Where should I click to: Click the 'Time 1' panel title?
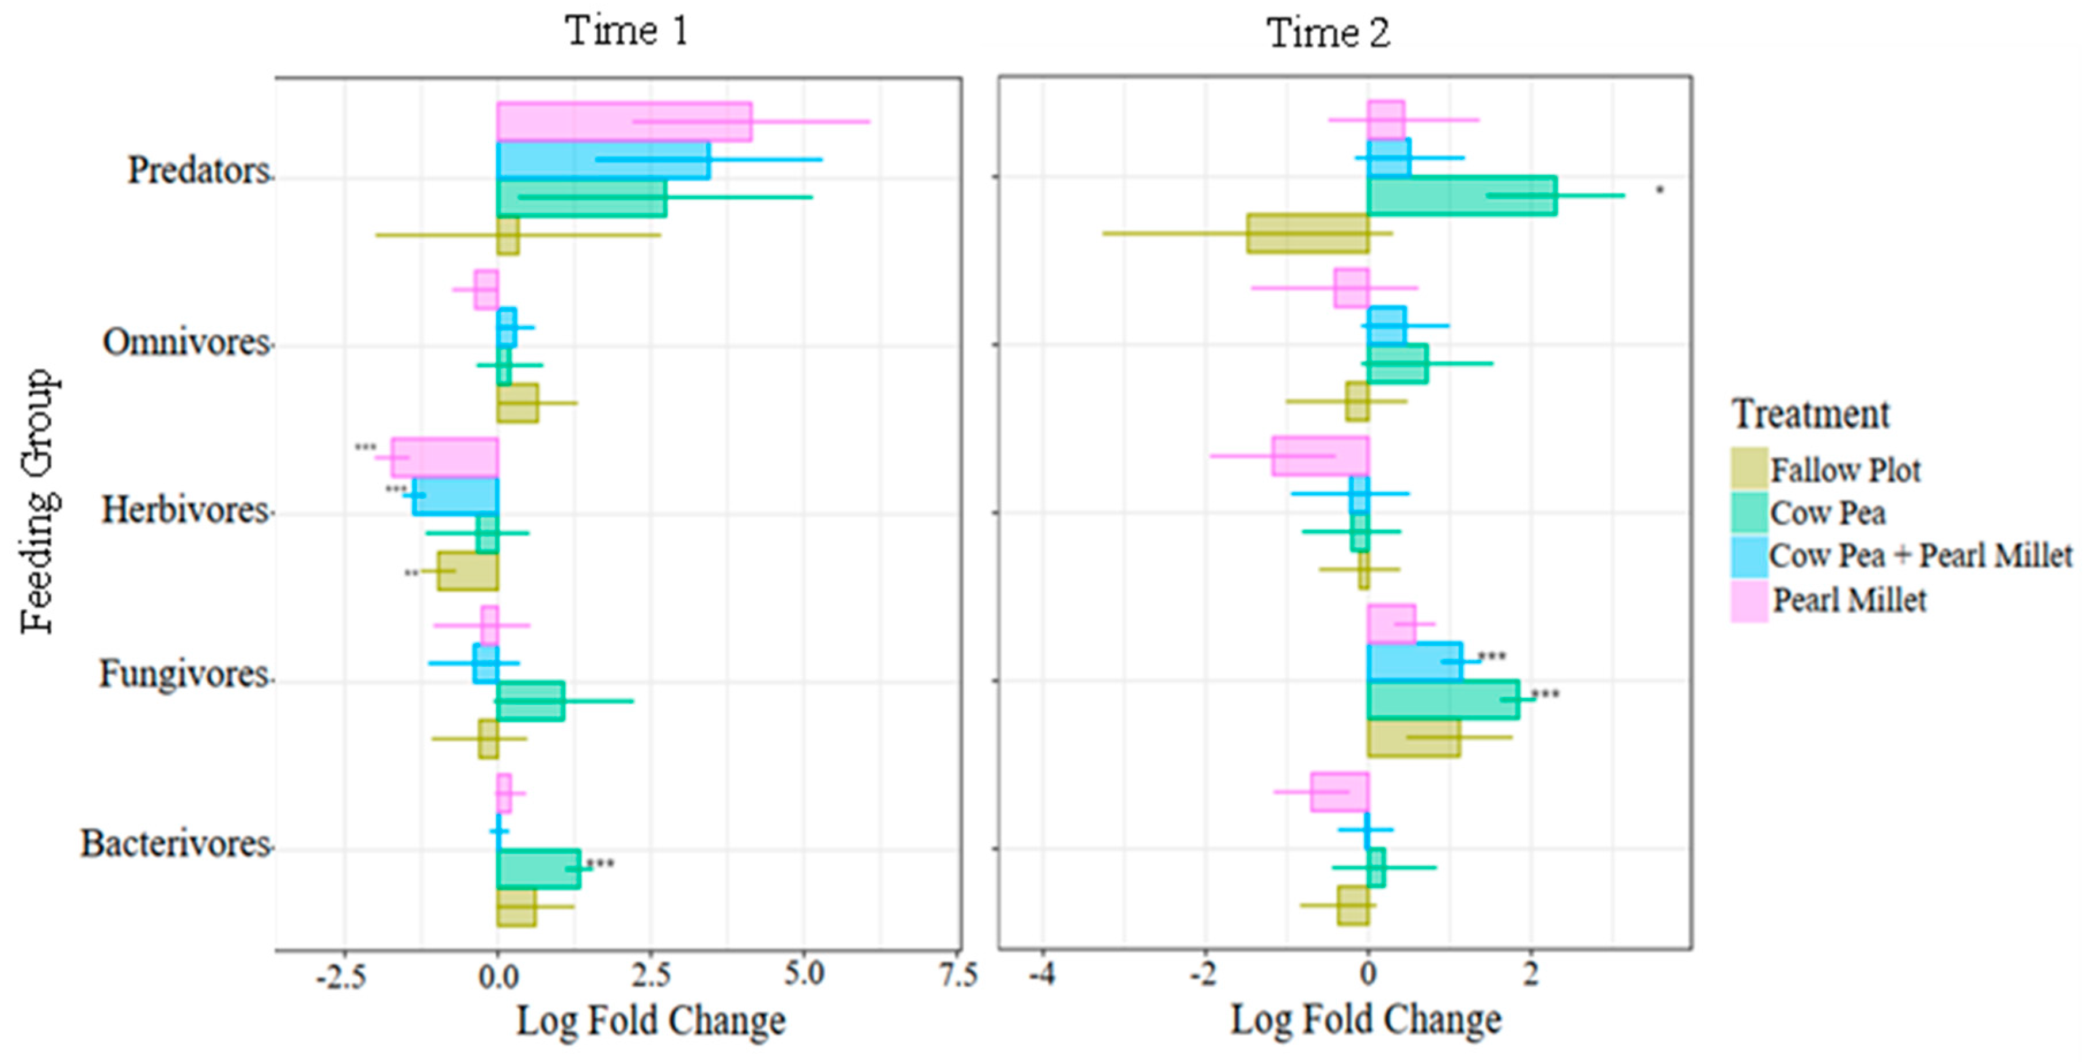(x=626, y=32)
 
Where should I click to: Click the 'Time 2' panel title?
(x=1328, y=34)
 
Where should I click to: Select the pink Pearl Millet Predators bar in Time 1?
(x=624, y=121)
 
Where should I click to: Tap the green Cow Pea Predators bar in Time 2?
(x=1462, y=195)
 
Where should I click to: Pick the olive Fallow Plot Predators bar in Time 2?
(x=1307, y=234)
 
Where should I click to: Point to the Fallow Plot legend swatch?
(x=1749, y=468)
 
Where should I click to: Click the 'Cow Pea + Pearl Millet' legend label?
(x=1919, y=556)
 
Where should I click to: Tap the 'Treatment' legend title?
(x=1810, y=415)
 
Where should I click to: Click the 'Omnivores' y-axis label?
(x=185, y=343)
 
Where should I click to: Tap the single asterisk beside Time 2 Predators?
(x=1659, y=190)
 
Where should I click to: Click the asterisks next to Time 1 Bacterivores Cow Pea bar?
(x=600, y=864)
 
